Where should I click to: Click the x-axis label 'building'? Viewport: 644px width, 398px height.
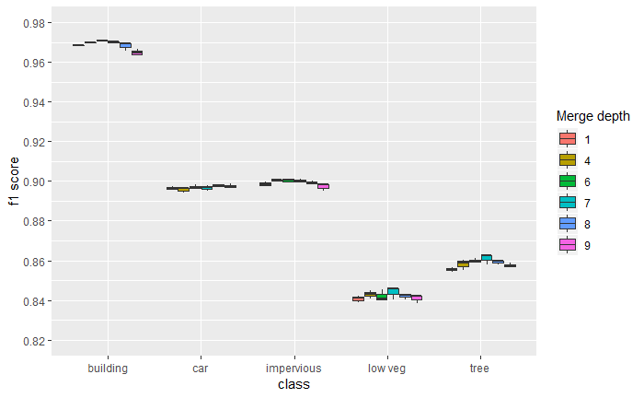[108, 368]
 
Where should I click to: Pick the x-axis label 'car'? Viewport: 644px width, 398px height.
[201, 368]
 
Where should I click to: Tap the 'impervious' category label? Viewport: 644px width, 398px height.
[293, 368]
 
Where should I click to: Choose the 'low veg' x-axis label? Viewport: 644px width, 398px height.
[386, 368]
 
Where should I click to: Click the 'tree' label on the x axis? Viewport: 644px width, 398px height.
[479, 368]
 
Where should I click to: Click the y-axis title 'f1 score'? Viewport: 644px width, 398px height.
[14, 181]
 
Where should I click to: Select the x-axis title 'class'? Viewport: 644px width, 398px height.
[293, 385]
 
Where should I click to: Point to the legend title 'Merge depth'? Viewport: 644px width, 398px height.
[593, 116]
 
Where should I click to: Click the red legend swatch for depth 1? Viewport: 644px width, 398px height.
[568, 139]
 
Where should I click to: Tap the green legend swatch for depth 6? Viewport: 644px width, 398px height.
[568, 181]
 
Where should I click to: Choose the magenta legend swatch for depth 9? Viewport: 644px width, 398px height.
[568, 245]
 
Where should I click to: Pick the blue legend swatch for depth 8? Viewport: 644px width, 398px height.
[568, 224]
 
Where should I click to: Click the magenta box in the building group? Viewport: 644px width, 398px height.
[137, 53]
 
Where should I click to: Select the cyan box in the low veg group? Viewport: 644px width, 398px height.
[393, 291]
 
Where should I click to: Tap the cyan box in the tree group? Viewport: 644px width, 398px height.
[486, 257]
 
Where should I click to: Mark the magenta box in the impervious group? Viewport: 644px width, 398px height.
[323, 186]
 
